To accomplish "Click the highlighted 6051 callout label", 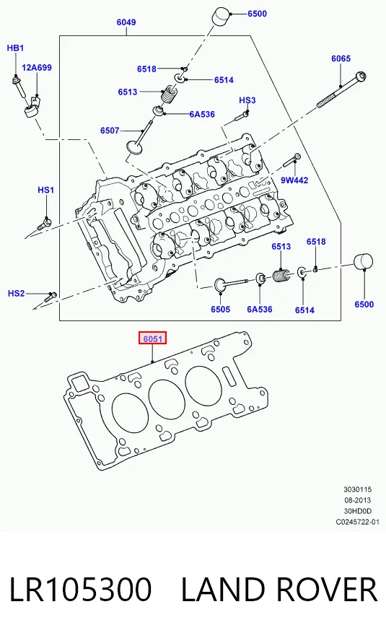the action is point(152,338).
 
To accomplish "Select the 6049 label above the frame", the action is point(126,22).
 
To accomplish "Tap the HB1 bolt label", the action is point(15,48).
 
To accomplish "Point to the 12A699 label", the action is point(37,68).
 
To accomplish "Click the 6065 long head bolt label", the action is point(341,58).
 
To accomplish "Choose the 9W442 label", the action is point(294,180).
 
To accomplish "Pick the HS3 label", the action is point(247,100).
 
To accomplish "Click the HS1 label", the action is point(46,190).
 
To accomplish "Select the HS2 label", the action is point(17,293).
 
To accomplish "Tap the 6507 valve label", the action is point(110,131).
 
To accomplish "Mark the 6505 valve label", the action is point(221,309).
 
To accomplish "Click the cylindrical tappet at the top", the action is point(221,17).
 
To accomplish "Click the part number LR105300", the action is point(80,590).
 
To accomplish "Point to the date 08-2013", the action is point(358,500).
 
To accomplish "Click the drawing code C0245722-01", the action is point(357,522).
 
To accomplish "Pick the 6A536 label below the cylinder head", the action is point(260,309).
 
